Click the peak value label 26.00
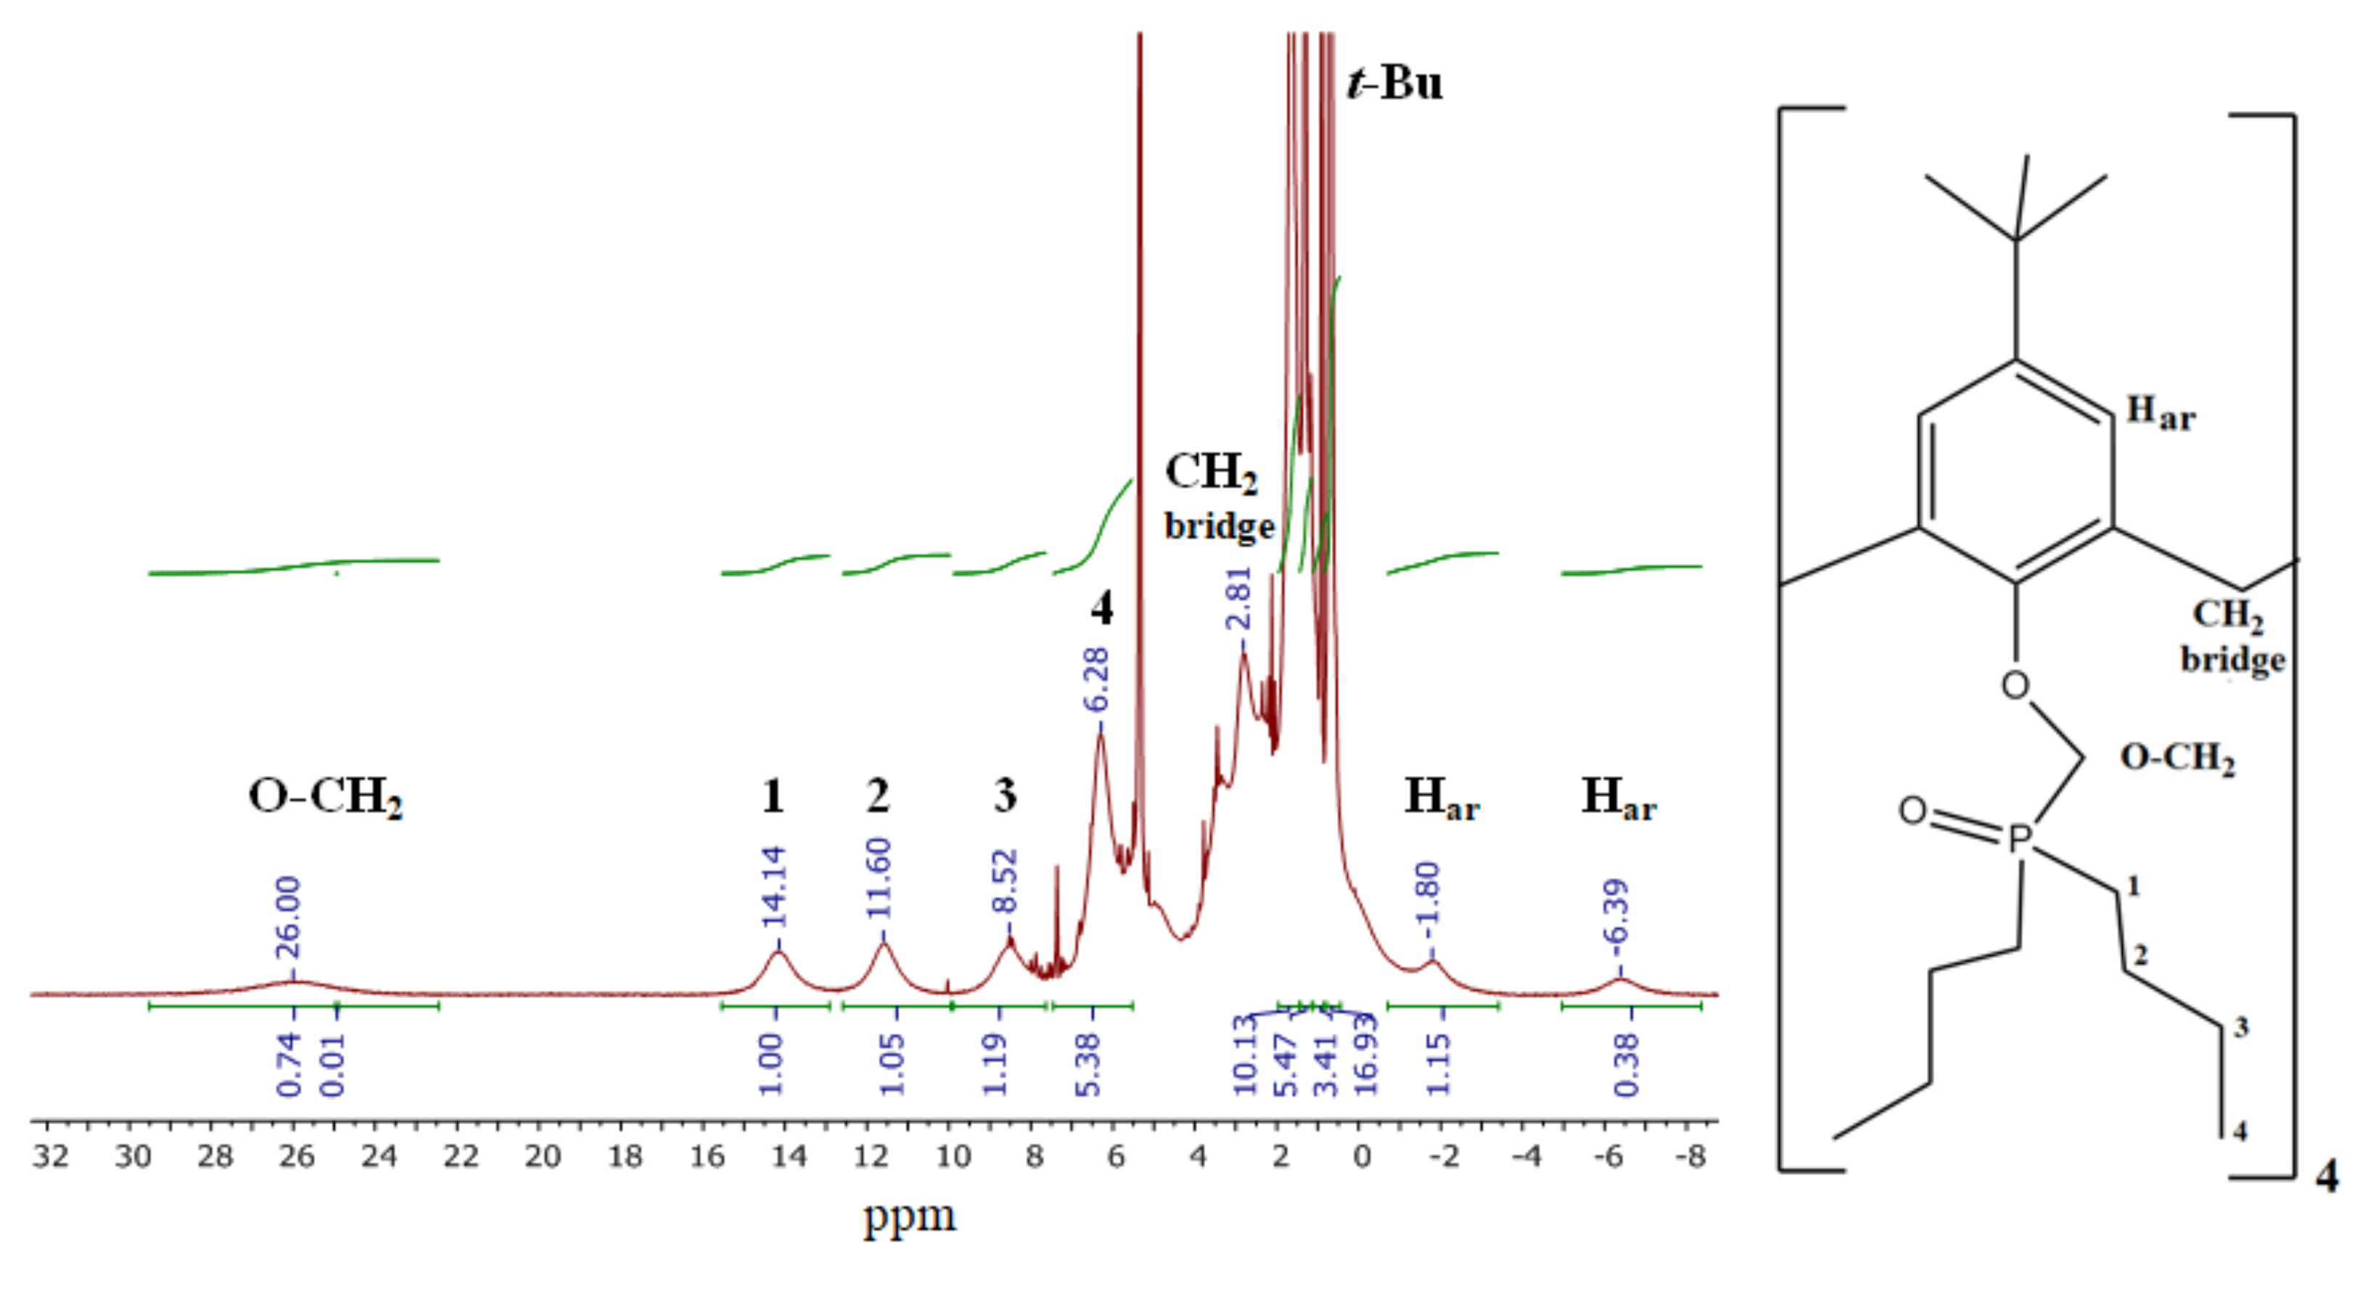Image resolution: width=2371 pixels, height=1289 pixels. (x=289, y=917)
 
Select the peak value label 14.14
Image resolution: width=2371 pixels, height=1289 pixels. (x=773, y=885)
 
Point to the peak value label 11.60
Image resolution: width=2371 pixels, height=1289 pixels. (x=879, y=877)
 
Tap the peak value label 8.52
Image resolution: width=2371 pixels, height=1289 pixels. (x=1004, y=880)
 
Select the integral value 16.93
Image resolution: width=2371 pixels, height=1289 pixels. (x=1365, y=1055)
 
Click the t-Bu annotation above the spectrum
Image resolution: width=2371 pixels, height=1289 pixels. (x=1394, y=83)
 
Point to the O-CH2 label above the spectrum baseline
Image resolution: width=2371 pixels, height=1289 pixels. (x=325, y=795)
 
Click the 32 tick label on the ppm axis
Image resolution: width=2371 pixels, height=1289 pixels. (x=51, y=1156)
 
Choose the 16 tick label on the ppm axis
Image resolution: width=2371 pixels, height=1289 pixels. (x=706, y=1156)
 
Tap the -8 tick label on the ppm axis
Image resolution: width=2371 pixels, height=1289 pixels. (x=1692, y=1156)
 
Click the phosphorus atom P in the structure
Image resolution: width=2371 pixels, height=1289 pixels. (x=2018, y=838)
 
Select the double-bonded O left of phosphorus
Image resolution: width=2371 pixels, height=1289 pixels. (x=1912, y=810)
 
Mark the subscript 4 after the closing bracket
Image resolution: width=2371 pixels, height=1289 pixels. (x=2327, y=1176)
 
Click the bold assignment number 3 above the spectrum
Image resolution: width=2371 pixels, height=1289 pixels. (x=1004, y=795)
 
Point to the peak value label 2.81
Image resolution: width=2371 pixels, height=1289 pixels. (x=1239, y=599)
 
